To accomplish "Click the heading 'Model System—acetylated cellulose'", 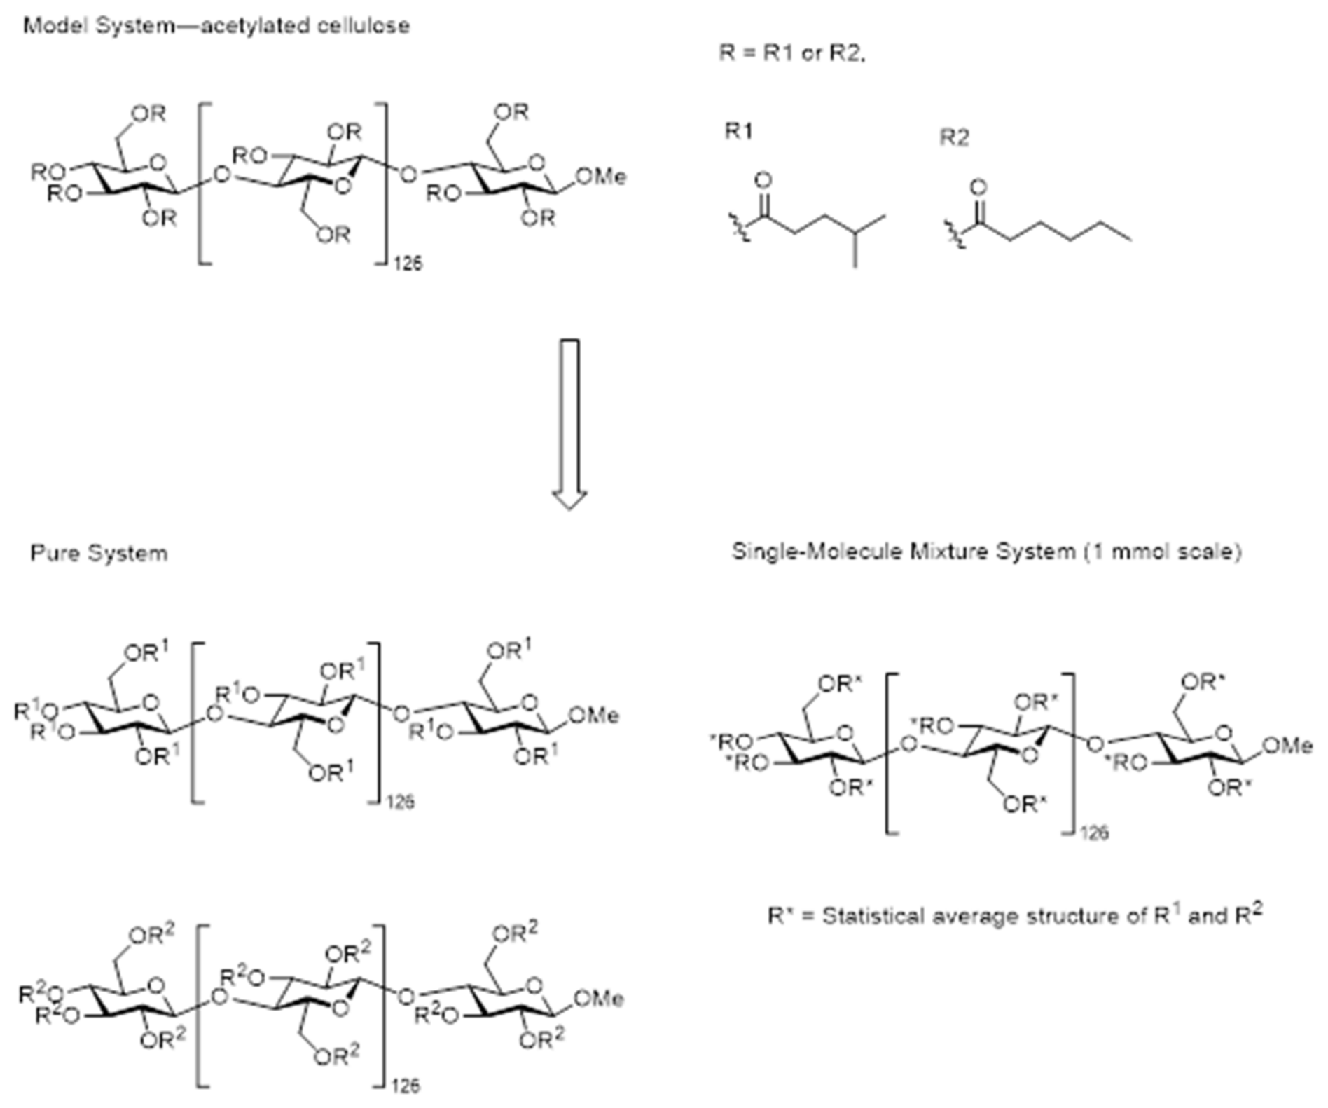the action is point(216,27).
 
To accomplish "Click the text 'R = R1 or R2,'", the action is point(792,53).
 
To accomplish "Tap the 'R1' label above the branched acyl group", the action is point(739,131).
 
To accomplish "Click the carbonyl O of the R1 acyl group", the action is point(763,181).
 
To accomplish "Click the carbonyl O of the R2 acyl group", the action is point(978,188).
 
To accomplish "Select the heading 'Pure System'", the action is point(99,554).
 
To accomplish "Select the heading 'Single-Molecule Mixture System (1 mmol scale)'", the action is point(986,552).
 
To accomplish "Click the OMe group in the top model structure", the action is point(601,177).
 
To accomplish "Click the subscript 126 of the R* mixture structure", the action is point(1094,833).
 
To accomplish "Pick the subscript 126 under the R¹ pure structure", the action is point(400,802).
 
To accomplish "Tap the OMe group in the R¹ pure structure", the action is point(594,716).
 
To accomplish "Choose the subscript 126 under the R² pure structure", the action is point(405,1086).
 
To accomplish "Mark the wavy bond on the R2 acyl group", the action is point(955,235).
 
